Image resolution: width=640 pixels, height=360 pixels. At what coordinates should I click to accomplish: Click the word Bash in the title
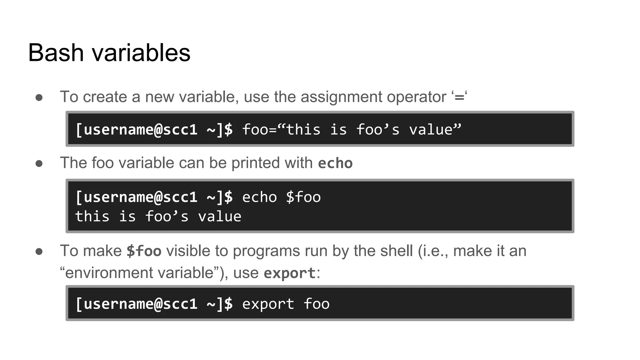pos(56,52)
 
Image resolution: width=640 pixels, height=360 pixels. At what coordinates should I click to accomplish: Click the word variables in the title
pos(141,52)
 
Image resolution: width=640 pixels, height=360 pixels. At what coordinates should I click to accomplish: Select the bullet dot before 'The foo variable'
pos(39,163)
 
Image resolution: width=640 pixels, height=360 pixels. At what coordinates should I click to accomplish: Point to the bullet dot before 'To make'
pos(39,252)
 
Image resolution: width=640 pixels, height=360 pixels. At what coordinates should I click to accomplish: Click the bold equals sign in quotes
pos(459,97)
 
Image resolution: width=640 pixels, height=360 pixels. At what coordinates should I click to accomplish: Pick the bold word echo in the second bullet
pos(335,163)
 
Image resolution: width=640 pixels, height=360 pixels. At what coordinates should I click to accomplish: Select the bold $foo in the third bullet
pos(144,251)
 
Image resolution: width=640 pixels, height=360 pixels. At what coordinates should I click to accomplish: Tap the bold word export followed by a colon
pos(289,273)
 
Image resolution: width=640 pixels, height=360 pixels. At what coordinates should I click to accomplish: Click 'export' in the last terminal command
pos(268,304)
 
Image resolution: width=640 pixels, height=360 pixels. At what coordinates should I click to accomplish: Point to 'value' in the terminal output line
pos(220,217)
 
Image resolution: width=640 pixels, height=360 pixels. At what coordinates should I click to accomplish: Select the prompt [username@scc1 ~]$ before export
pos(154,304)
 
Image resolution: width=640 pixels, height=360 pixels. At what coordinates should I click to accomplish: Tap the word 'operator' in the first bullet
pos(416,97)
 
